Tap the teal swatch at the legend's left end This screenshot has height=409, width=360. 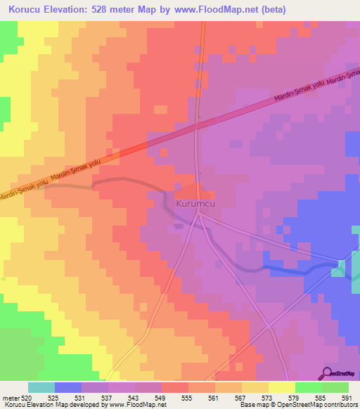[x=41, y=387]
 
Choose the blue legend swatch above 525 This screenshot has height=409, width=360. [x=68, y=387]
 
